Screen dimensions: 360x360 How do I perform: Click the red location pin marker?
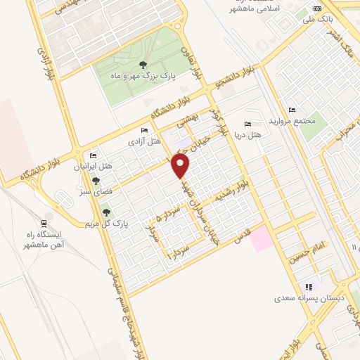(x=181, y=166)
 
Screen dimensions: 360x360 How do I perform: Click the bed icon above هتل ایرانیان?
(x=91, y=156)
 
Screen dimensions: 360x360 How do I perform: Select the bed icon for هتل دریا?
(x=245, y=123)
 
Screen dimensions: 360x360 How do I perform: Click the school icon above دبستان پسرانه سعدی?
(x=307, y=287)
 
